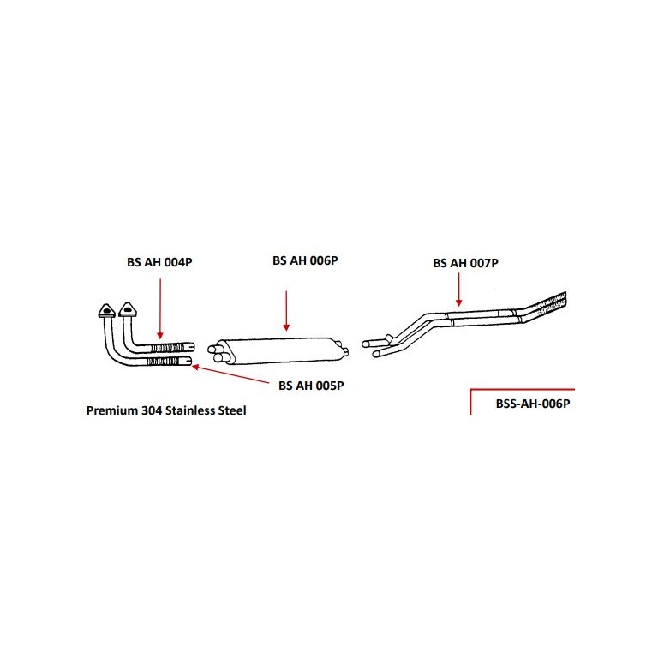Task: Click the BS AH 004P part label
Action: (159, 262)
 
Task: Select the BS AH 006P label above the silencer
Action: (305, 260)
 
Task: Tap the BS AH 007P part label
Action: (466, 263)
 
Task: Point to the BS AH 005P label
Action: (311, 386)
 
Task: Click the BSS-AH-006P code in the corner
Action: (533, 404)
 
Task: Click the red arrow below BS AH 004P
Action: (160, 308)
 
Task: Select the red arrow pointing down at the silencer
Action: (286, 310)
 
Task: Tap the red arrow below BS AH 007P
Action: (458, 290)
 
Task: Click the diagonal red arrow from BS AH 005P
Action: (230, 374)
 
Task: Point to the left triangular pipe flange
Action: (106, 310)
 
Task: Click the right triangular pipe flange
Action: (128, 309)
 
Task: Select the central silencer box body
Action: (278, 350)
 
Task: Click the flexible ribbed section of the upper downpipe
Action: (167, 348)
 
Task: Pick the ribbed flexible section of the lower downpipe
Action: (163, 362)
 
